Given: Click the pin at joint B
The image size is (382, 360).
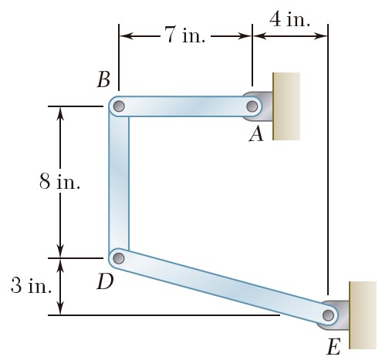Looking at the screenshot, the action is coord(119,106).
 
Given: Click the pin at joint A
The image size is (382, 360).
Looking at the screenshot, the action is coord(252,106).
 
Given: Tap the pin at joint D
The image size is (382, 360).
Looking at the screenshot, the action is coord(119,258).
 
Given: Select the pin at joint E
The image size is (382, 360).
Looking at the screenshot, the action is coord(328,315).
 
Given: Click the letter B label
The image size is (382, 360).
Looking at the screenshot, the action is coord(103,79).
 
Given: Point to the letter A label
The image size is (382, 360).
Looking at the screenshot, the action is coord(256,134).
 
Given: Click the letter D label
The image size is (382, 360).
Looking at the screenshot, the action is coord(105,281).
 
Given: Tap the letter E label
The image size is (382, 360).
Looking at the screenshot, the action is coord(333,347).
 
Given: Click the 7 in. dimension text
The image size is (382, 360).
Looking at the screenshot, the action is coord(185,35).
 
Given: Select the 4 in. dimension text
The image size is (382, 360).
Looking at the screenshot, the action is coord(289,19).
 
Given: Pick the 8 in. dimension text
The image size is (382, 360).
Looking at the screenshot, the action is coord(59,181).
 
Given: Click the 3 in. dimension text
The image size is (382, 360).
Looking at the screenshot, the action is coord(32,285).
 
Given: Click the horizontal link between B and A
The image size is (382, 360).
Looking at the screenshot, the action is coord(185,106).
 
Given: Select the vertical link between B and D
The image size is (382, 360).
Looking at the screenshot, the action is coord(119,182).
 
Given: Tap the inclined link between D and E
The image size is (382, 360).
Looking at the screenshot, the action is coord(223,287).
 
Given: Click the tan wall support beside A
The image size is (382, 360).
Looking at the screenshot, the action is coord(286,106).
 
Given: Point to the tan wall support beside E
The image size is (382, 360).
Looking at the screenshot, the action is coord(363,315).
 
